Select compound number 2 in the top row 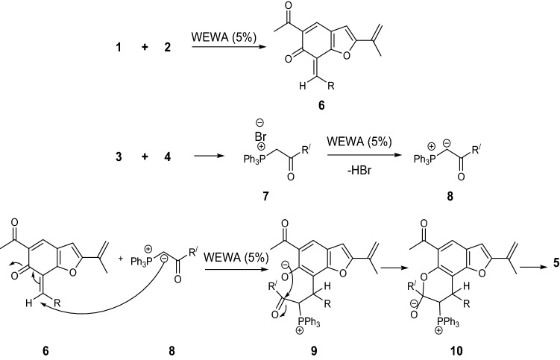click(168, 47)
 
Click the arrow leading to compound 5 click(526, 264)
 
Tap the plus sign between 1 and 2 click(145, 47)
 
